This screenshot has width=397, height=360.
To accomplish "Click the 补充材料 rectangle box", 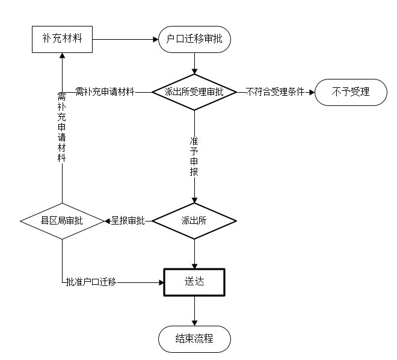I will (62, 40).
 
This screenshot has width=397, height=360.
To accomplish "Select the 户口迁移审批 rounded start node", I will (194, 40).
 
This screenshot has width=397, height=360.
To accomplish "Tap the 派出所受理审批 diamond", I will (194, 92).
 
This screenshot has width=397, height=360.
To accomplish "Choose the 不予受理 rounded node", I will (351, 92).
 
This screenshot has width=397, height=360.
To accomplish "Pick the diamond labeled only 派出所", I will (194, 221).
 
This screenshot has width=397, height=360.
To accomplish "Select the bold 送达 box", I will (194, 281).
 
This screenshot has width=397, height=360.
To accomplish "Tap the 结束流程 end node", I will (194, 340).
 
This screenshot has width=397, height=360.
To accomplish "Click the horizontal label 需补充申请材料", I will (104, 92).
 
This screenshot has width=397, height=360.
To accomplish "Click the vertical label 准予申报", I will (194, 155).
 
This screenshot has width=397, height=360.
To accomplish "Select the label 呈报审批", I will (128, 221).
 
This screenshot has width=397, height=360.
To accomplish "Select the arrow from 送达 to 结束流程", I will (194, 311).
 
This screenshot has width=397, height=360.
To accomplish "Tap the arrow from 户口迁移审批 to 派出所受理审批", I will (194, 63).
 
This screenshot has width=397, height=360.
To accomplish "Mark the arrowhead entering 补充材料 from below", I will (62, 56).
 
